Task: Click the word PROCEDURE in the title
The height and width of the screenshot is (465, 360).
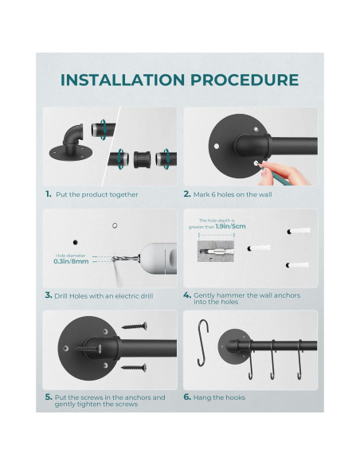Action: tap(243, 80)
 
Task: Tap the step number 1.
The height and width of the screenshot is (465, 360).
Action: tap(48, 193)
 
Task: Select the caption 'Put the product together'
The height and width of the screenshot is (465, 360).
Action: tap(96, 193)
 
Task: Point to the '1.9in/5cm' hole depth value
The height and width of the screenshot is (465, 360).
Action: tap(236, 225)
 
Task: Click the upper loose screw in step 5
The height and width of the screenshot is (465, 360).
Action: tap(135, 326)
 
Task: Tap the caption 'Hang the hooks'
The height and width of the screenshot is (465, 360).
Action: tap(219, 397)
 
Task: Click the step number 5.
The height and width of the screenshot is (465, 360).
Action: tap(48, 397)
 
